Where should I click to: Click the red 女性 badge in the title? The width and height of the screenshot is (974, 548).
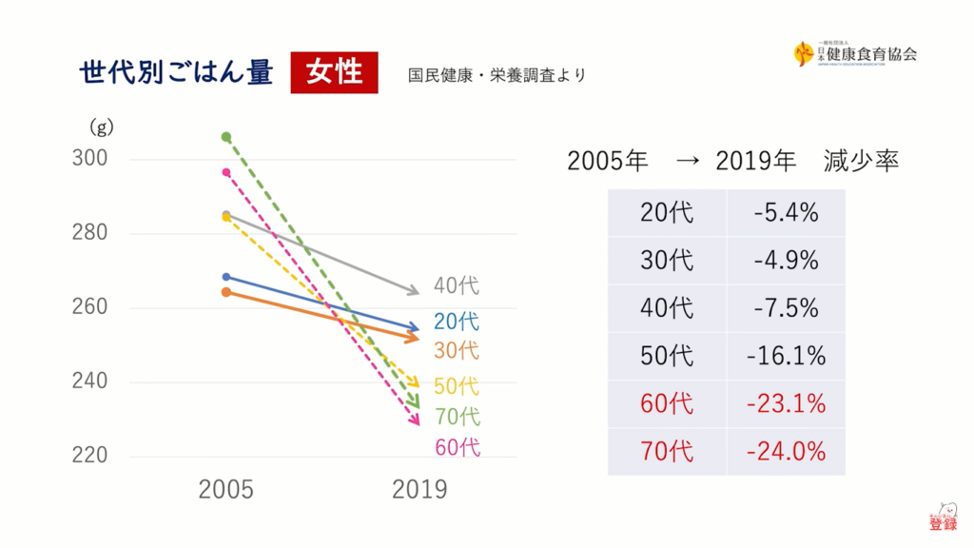pyautogui.click(x=334, y=72)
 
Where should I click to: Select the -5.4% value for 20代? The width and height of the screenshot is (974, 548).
pyautogui.click(x=786, y=212)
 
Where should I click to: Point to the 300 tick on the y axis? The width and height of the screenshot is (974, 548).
pyautogui.click(x=90, y=159)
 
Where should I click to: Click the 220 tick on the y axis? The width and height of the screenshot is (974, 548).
pyautogui.click(x=90, y=456)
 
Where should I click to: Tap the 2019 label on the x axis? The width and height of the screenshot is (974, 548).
pyautogui.click(x=419, y=490)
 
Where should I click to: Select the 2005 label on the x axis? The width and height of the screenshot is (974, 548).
pyautogui.click(x=226, y=490)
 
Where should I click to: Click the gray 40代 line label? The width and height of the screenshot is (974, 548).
pyautogui.click(x=457, y=285)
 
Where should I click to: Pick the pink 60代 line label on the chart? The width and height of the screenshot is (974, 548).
pyautogui.click(x=457, y=447)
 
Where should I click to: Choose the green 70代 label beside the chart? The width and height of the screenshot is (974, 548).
pyautogui.click(x=457, y=417)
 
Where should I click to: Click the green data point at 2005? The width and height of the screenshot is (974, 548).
pyautogui.click(x=226, y=137)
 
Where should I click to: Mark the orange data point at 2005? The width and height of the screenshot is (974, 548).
pyautogui.click(x=226, y=292)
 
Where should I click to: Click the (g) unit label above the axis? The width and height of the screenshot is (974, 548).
pyautogui.click(x=102, y=127)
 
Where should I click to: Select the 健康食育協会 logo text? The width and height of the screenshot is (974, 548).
pyautogui.click(x=866, y=54)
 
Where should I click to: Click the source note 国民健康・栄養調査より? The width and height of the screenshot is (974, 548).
pyautogui.click(x=497, y=75)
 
